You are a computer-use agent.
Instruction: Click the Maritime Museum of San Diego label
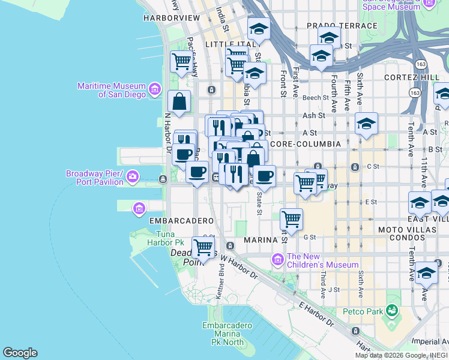pos(112,90)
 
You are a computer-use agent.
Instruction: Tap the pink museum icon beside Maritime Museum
pos(155,90)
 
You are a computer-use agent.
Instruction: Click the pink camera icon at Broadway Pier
pos(133,178)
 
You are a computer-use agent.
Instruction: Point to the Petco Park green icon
pos(392,310)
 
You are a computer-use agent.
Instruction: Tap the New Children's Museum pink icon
pos(277,260)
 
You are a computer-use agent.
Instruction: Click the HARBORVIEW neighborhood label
pos(171,18)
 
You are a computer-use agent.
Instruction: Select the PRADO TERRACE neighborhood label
pos(342,26)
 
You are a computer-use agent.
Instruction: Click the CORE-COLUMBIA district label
pos(305,144)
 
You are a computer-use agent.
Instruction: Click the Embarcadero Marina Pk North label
pos(223,334)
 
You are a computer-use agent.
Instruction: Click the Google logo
pos(20,353)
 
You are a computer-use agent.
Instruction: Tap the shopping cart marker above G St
pos(291,219)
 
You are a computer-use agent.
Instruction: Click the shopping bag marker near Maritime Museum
pos(179,102)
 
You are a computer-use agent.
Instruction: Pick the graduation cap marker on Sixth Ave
pos(366,124)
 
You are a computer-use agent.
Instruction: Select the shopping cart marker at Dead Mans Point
pos(203,247)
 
